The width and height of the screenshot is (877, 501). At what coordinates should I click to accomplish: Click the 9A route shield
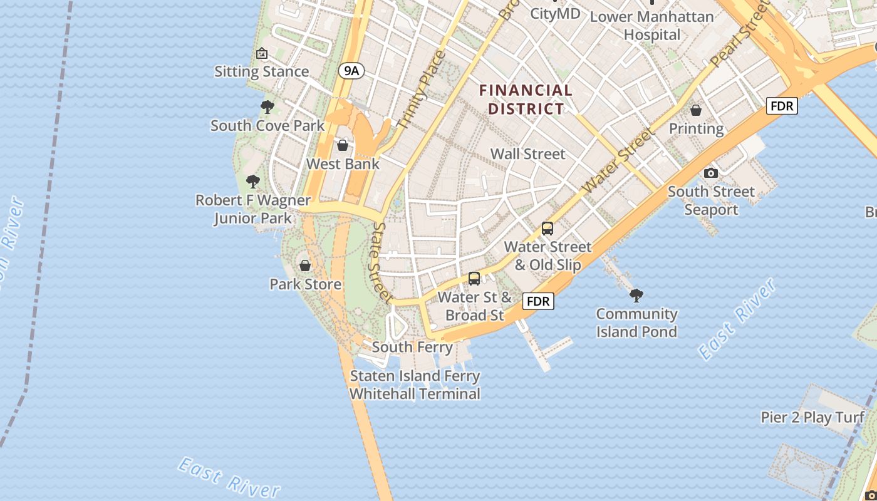point(351,71)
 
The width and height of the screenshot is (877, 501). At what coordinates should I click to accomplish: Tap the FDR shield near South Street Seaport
point(782,106)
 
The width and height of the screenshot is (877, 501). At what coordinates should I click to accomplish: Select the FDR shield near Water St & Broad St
point(538,301)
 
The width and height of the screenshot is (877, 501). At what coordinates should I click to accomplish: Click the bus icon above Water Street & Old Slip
point(547,229)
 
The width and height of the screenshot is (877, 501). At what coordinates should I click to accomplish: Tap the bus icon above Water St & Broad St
point(474,279)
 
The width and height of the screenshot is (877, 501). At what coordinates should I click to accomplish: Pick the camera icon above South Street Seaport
point(710,173)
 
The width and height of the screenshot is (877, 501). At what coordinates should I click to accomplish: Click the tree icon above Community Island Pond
point(636,294)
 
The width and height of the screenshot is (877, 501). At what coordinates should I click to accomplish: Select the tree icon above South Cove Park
point(267,107)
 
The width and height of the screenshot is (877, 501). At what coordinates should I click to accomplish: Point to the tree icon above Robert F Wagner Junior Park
point(253,182)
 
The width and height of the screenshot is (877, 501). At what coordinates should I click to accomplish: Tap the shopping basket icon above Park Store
point(305,266)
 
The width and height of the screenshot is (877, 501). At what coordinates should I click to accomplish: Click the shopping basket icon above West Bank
point(343,146)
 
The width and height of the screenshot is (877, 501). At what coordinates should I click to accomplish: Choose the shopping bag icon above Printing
point(696,111)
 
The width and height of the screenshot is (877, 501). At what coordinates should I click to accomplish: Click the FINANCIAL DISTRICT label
point(526,100)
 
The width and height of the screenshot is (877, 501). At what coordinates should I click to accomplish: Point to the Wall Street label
point(527,153)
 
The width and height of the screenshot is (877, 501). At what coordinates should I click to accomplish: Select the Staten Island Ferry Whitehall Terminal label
point(415,385)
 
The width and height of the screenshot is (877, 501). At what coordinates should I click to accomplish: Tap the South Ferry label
point(412,347)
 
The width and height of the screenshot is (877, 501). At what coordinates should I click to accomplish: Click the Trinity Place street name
point(421,90)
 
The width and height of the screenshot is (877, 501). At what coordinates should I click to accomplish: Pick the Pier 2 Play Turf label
point(812,417)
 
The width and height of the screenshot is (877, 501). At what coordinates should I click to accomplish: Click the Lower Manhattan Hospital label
point(652,25)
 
